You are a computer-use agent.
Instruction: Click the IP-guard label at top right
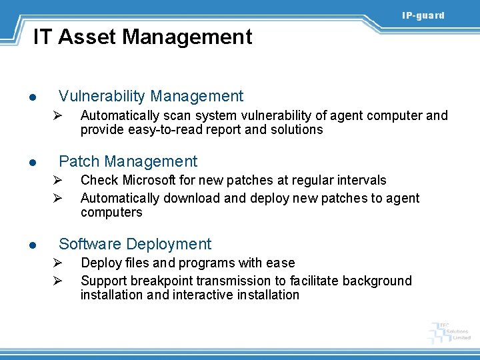pyautogui.click(x=423, y=15)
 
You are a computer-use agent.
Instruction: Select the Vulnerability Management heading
pyautogui.click(x=151, y=96)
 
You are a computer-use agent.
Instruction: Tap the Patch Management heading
pyautogui.click(x=128, y=161)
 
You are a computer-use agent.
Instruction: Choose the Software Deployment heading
pyautogui.click(x=135, y=244)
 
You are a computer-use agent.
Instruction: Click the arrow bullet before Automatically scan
pyautogui.click(x=58, y=116)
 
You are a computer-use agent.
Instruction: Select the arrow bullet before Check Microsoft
pyautogui.click(x=58, y=180)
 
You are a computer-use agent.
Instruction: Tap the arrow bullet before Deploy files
pyautogui.click(x=58, y=263)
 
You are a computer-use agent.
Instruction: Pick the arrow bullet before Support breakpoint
pyautogui.click(x=58, y=281)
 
